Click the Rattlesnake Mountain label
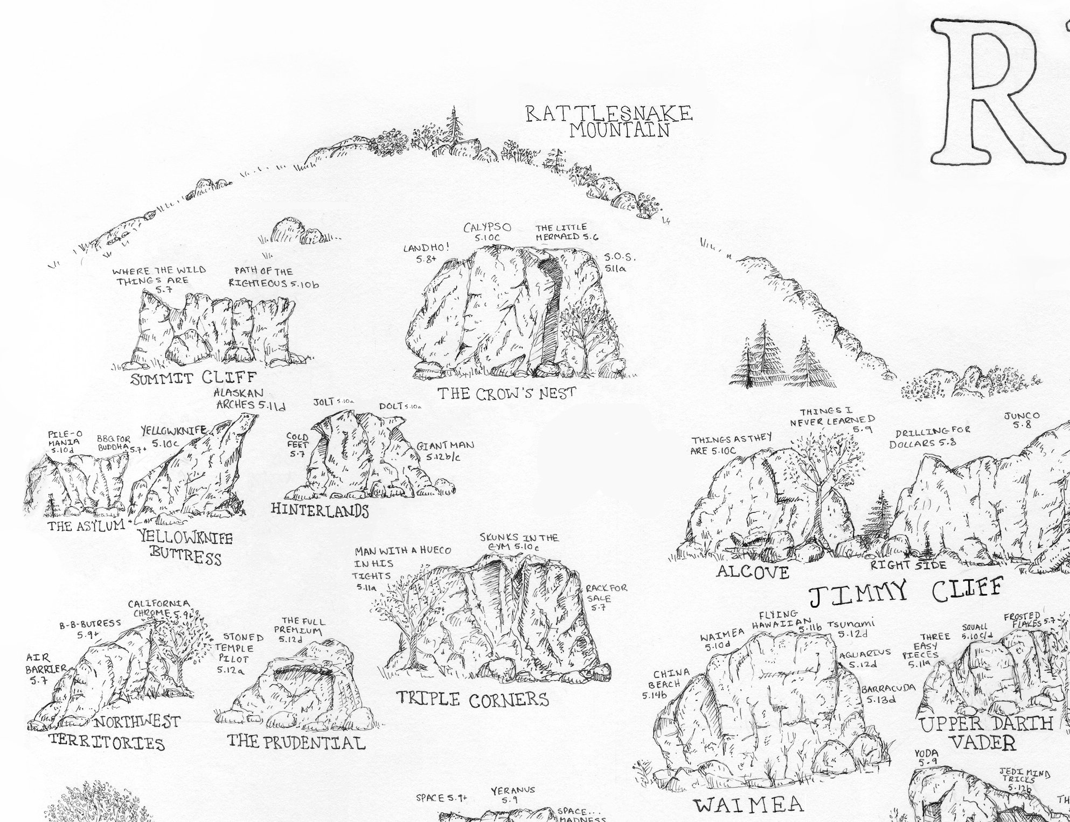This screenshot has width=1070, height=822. (x=608, y=122)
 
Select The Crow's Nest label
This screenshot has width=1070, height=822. (x=506, y=394)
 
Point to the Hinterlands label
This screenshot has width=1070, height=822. (x=319, y=510)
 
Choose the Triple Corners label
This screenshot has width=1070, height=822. (x=473, y=699)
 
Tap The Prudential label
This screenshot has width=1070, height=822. (x=296, y=742)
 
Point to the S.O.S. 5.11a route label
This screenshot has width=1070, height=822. (x=620, y=262)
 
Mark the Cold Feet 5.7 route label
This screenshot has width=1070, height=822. (x=297, y=445)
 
